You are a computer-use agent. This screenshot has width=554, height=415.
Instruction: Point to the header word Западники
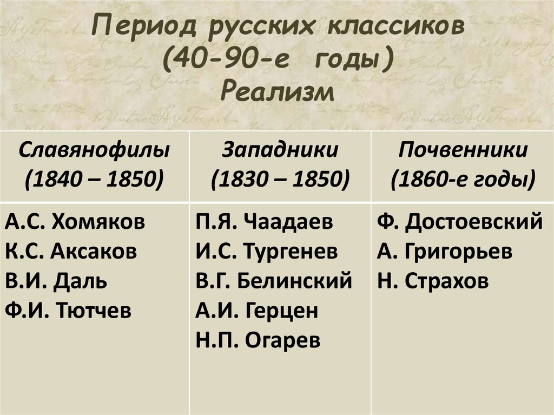280,149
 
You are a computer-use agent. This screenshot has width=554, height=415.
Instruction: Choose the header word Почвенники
463,149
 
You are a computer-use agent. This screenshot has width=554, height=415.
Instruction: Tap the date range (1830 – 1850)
280,178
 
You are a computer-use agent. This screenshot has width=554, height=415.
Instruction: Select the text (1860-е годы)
463,178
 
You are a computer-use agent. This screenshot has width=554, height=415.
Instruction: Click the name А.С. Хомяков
76,222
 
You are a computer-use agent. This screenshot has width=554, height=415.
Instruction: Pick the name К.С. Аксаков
72,252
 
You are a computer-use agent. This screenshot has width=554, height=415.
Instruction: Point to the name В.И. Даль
57,281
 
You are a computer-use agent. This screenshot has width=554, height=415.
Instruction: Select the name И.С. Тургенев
267,252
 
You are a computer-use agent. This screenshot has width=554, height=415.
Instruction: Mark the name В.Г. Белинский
274,281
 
